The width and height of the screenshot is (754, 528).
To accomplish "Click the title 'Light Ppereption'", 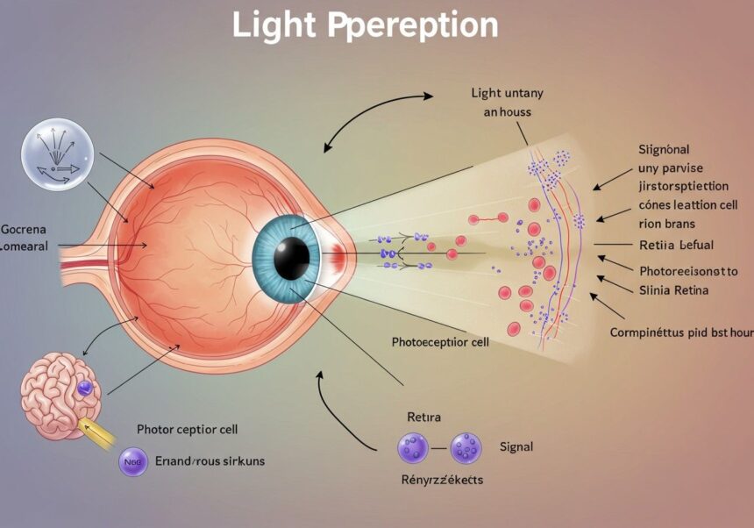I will tap(365, 26).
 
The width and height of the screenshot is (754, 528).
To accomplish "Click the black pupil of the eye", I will tap(291, 257).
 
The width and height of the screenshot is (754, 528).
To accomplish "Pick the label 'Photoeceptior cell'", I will tap(439, 342).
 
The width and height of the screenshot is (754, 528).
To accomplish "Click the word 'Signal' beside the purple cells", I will tap(516, 447).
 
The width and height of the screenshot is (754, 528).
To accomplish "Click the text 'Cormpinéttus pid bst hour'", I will tap(681, 333).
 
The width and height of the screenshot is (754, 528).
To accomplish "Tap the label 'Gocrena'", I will tap(24, 230).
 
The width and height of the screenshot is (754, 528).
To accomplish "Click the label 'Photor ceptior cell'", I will tap(188, 430).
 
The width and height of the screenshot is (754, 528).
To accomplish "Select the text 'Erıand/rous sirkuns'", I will tap(210, 460).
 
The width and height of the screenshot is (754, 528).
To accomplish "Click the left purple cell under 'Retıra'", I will tap(412, 448).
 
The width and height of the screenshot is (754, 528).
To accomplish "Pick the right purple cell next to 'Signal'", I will tap(466, 448).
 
